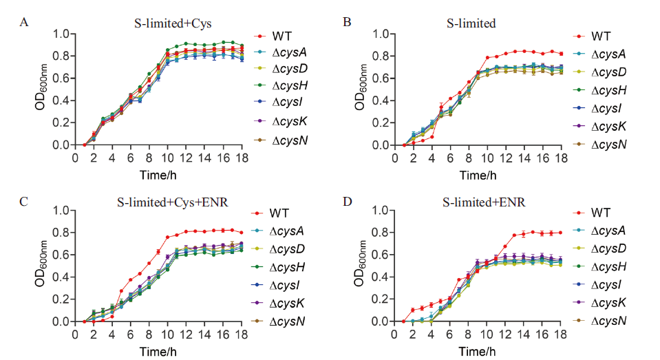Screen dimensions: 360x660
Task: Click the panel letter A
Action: pos(24,23)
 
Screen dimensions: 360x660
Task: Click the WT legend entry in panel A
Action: pos(280,35)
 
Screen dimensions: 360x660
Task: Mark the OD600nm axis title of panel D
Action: pos(361,266)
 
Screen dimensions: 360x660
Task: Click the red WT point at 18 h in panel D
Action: pos(562,233)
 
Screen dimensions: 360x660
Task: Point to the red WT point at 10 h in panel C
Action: pos(168,237)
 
